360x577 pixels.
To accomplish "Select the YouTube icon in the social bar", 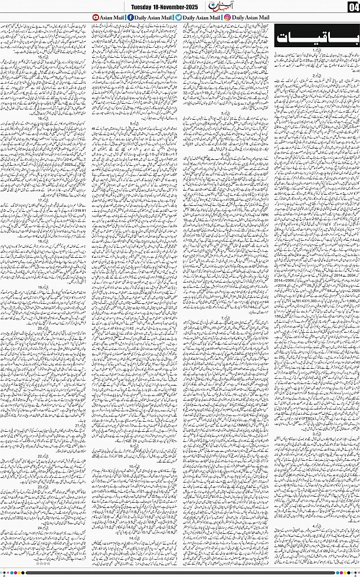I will [x=97, y=18].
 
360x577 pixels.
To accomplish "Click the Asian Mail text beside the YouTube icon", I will [x=110, y=18].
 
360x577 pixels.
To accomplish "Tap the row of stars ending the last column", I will [x=44, y=565].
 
